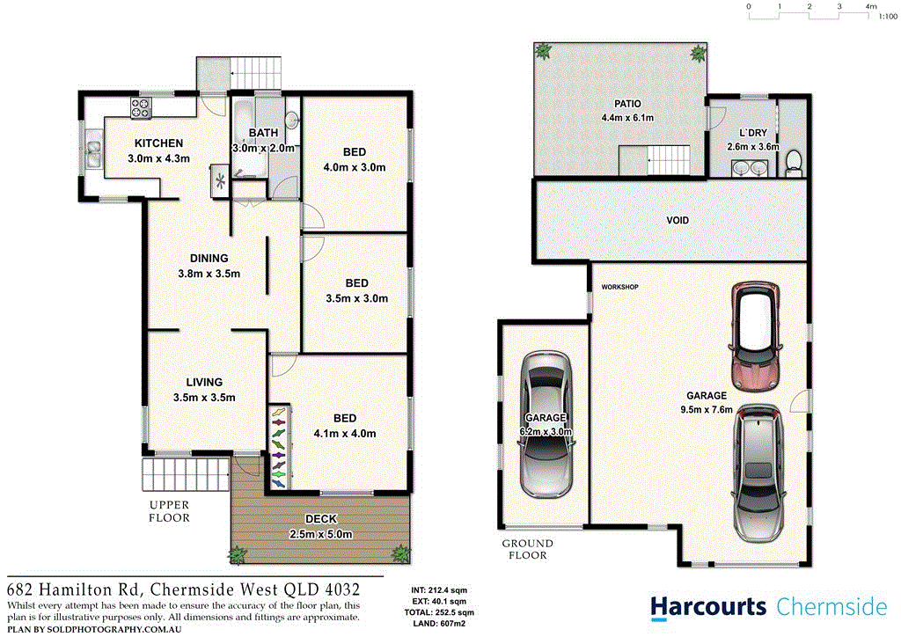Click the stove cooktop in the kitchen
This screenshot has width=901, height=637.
tap(143, 109)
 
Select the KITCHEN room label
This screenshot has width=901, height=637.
tap(158, 143)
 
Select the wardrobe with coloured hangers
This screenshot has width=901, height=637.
tap(278, 447)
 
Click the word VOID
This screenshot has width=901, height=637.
tap(678, 220)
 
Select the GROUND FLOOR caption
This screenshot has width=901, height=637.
tap(528, 549)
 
